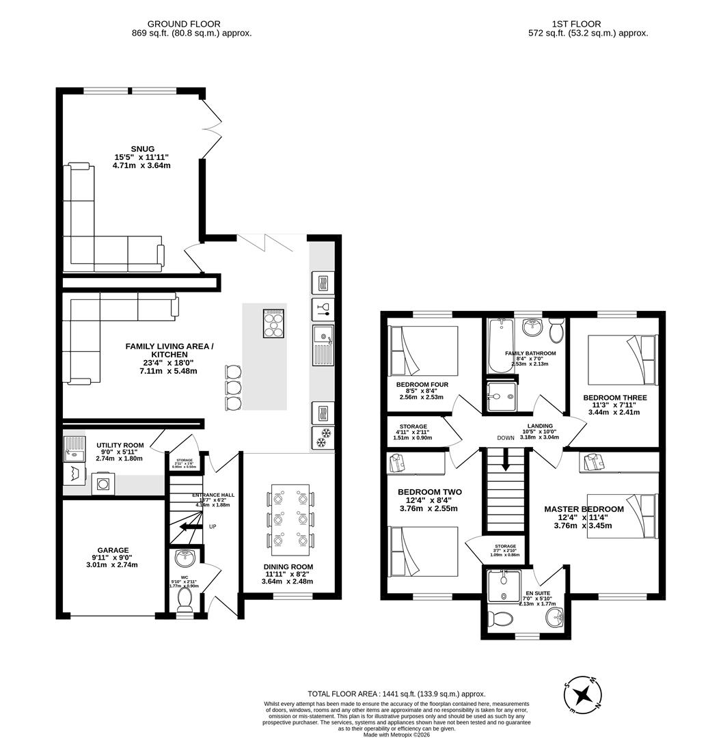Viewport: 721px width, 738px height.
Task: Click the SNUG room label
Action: pyautogui.click(x=143, y=149)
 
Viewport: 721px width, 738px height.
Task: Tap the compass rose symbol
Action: pyautogui.click(x=583, y=696)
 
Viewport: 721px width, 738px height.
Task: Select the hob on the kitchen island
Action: pyautogui.click(x=273, y=323)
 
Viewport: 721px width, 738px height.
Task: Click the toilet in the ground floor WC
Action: pyautogui.click(x=185, y=599)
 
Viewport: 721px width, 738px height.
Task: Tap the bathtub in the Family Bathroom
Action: pyautogui.click(x=500, y=346)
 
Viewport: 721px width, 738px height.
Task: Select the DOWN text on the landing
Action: pyautogui.click(x=506, y=439)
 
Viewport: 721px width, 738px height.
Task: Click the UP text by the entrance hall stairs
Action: pyautogui.click(x=213, y=527)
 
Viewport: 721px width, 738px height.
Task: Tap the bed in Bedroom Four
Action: pyautogui.click(x=424, y=349)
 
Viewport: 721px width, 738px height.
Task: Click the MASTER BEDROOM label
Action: pyautogui.click(x=584, y=509)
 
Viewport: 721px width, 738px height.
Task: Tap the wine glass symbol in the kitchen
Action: pyautogui.click(x=322, y=308)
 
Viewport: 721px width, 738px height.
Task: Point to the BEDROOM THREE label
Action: pyautogui.click(x=614, y=398)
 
